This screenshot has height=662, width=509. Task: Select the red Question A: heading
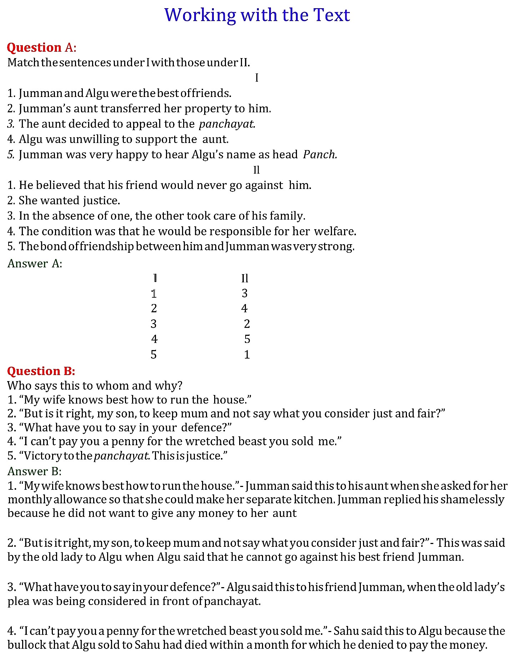point(41,47)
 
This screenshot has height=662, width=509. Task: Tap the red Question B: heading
point(41,371)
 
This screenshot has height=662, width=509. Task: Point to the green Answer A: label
point(35,263)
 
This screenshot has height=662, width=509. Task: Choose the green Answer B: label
point(34,471)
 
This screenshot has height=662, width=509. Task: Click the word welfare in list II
point(335,231)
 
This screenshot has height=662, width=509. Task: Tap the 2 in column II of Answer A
point(247,324)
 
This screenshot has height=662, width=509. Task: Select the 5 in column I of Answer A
point(153,354)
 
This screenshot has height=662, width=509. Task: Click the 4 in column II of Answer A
point(244,308)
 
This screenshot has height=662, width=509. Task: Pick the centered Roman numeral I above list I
point(256,77)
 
